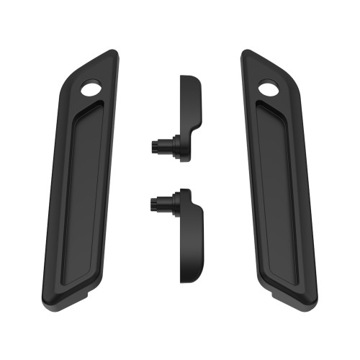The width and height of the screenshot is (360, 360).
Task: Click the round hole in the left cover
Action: [91, 89]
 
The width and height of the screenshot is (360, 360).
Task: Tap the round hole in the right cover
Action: [269, 89]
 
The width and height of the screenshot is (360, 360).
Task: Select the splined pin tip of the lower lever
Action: [156, 204]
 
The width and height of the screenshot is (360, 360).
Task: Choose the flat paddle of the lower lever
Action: [191, 241]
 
